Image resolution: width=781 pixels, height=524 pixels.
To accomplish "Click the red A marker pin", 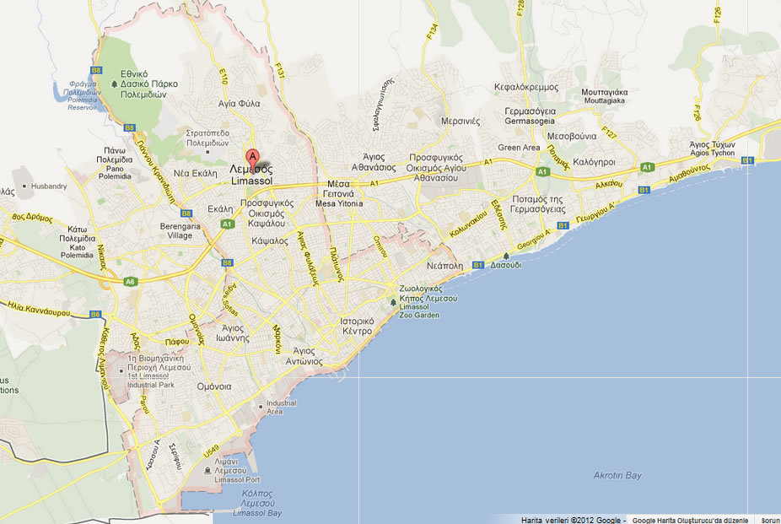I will coord(251,156).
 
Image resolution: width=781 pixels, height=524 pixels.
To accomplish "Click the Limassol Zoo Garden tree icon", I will coord(393,302).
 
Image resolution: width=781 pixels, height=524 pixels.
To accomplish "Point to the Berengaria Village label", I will coord(180,231).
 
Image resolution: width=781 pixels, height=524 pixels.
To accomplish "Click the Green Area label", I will coord(519,148).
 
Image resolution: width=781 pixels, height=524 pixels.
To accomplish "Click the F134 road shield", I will coord(432,33).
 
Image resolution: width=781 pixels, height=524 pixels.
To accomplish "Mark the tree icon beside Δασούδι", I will coord(506,256).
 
